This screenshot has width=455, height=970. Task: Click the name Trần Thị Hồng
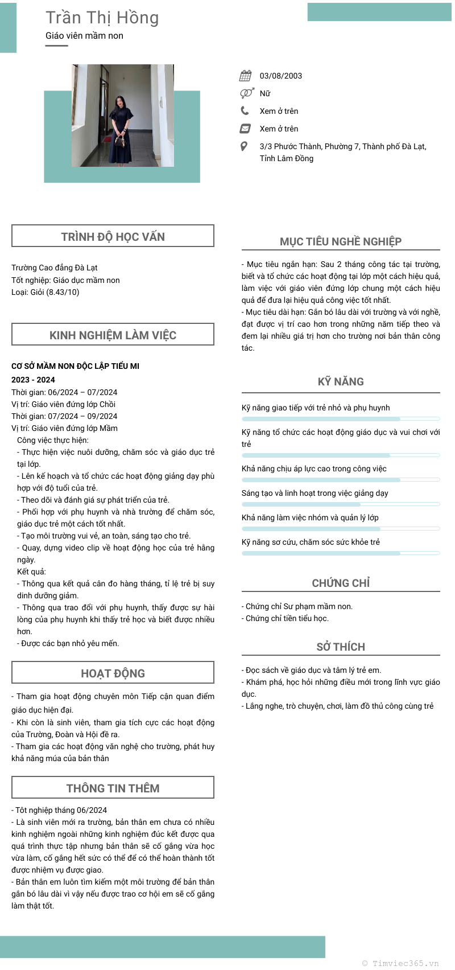102,18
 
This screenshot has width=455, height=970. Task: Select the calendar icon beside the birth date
245,76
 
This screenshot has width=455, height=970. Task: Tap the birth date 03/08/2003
281,76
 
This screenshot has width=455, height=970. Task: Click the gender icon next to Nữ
246,93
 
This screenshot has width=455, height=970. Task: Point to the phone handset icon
245,110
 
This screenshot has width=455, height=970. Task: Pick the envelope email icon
245,128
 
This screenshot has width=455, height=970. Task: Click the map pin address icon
244,146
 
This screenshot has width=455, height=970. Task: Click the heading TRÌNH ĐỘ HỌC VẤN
113,237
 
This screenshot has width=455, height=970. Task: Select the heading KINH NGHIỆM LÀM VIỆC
113,335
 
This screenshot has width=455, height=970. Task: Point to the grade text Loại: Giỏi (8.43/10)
45,292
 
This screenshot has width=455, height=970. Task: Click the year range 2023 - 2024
33,380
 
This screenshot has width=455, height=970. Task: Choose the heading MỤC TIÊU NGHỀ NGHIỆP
341,241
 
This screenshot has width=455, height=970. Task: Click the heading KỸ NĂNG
341,381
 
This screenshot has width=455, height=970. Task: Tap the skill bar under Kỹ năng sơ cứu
341,553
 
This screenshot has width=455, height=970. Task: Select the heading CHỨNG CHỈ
341,583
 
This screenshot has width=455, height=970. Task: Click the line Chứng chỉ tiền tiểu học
287,618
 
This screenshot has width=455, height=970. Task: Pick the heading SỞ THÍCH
341,647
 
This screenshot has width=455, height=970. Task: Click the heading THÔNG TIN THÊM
113,788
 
